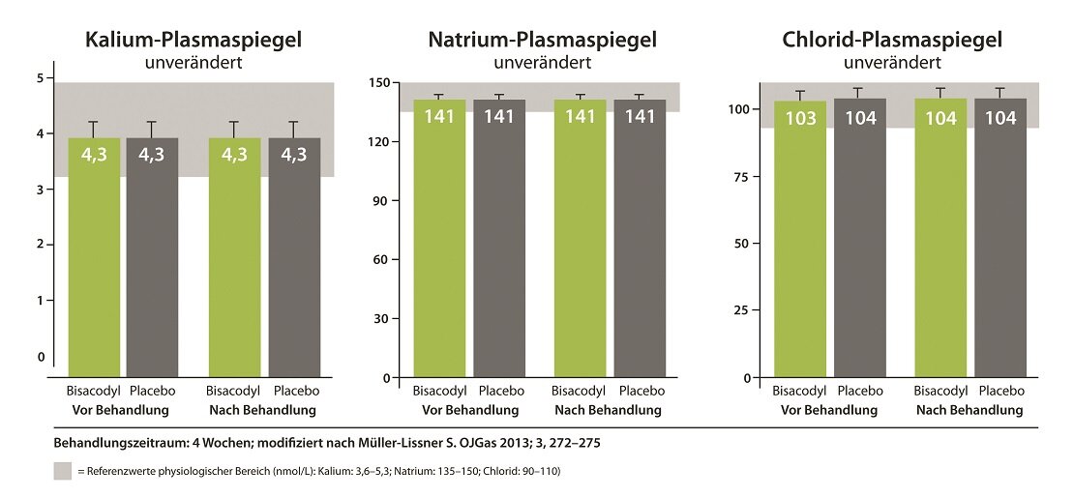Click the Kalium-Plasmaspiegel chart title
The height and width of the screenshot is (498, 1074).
coord(194,41)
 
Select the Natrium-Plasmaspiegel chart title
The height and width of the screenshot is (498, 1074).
coord(543,41)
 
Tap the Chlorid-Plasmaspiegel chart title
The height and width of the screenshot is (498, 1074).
coord(892,41)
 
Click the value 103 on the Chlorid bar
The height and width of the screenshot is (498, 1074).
coord(801,119)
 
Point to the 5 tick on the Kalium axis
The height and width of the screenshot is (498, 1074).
coord(40,78)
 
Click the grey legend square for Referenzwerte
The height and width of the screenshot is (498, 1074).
coord(62,471)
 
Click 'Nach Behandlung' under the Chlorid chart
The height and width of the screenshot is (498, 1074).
coord(970,410)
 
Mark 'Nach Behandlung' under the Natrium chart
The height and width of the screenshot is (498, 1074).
coord(608,410)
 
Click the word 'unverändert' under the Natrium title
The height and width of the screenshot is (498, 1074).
coord(542,65)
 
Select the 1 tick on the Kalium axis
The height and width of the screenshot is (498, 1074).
coord(40,301)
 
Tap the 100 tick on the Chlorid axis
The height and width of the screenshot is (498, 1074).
coord(737,109)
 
